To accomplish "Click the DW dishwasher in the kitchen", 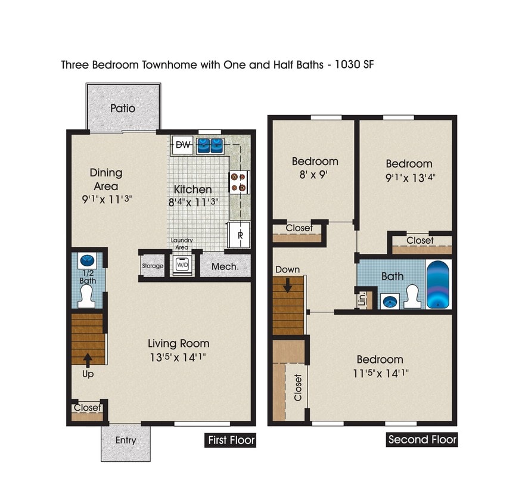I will (184, 145).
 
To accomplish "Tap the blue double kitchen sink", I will (210, 144).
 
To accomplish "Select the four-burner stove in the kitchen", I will (238, 182).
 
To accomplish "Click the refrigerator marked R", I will (240, 234).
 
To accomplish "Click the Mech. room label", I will (225, 266).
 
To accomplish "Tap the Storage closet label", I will (153, 266).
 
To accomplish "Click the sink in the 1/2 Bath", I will (87, 260).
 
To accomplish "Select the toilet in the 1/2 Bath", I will (88, 294).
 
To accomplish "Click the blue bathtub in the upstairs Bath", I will (439, 284).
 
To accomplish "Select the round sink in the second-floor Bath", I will (390, 302).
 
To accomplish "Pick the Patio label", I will (123, 108).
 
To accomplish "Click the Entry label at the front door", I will (126, 440).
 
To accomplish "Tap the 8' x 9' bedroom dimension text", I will (315, 175).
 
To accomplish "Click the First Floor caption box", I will (231, 440).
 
